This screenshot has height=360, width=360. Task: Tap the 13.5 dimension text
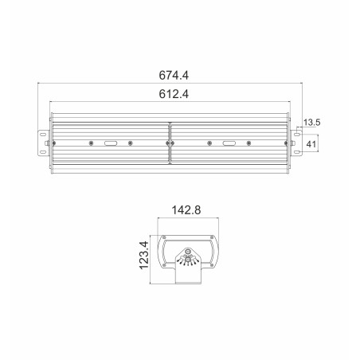[x=312, y=123]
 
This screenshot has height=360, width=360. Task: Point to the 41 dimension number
[x=313, y=143]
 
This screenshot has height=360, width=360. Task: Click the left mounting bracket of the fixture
[x=39, y=143]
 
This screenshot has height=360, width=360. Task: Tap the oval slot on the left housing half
[x=110, y=143]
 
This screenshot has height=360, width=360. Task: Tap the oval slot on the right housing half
[x=229, y=143]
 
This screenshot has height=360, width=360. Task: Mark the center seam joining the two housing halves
[x=169, y=143]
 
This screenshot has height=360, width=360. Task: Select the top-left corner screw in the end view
[x=165, y=239]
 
